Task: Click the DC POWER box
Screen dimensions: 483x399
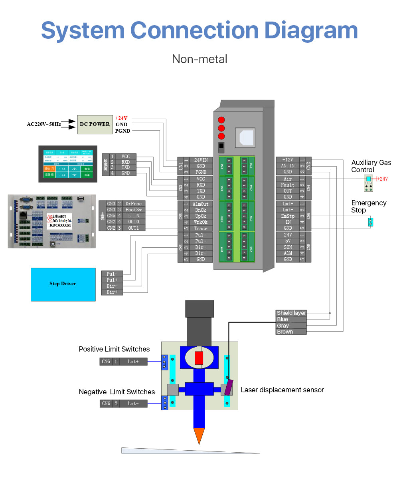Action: [95, 124]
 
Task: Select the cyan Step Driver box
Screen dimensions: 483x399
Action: [63, 284]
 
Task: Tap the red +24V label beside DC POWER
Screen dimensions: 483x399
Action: [121, 118]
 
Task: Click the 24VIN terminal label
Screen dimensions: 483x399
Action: [201, 160]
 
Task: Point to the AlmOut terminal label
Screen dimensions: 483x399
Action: [201, 204]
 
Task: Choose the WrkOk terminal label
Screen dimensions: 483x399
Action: [201, 222]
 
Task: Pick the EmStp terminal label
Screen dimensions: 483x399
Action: [288, 216]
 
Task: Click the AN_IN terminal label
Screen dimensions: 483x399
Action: [288, 166]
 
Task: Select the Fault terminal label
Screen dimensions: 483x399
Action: [288, 185]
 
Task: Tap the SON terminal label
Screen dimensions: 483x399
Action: [288, 247]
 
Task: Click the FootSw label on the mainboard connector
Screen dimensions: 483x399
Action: [133, 210]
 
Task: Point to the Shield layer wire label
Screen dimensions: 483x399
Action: [291, 313]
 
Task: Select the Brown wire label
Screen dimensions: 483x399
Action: [285, 332]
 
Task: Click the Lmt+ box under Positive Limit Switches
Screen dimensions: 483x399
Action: [133, 362]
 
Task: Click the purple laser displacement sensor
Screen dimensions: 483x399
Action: [228, 387]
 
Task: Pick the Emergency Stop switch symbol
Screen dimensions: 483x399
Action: [370, 222]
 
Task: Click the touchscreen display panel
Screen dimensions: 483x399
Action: [68, 164]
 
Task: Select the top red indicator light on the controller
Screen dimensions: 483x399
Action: [221, 120]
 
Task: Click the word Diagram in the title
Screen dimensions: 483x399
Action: [311, 31]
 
